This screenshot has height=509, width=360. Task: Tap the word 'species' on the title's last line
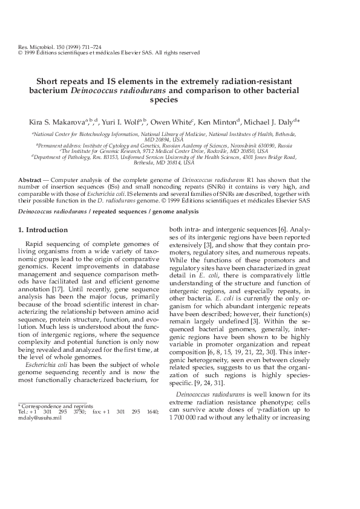[180, 100]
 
